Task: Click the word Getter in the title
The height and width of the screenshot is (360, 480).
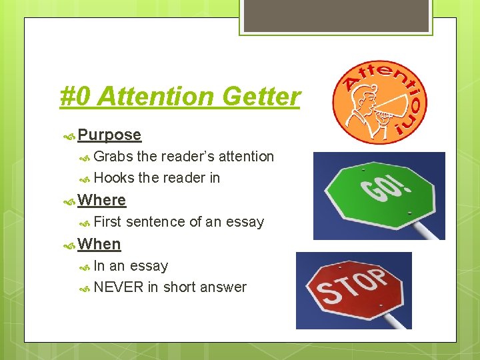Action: (x=261, y=97)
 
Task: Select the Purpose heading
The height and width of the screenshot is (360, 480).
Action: (x=109, y=135)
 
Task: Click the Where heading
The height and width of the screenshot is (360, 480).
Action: (x=101, y=200)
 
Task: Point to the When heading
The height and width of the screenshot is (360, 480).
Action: (x=99, y=244)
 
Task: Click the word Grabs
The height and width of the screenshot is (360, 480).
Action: (x=113, y=157)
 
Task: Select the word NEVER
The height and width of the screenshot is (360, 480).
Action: (x=119, y=287)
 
